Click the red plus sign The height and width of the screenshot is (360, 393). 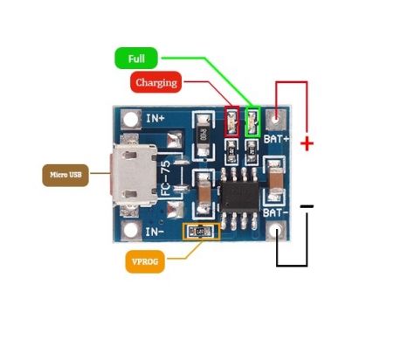(x=307, y=143)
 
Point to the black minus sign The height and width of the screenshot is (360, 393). (x=307, y=206)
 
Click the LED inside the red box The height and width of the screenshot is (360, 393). (x=231, y=121)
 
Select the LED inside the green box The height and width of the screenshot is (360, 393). (x=252, y=121)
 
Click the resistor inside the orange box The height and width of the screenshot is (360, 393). (x=200, y=232)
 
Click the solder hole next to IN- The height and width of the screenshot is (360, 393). (x=132, y=231)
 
